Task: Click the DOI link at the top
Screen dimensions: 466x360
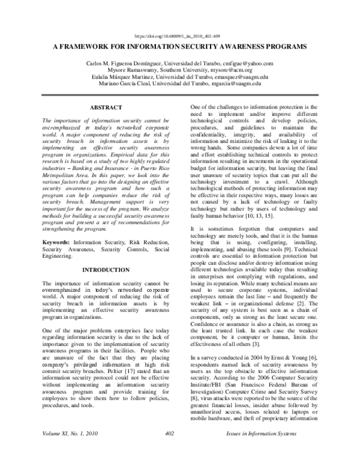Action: click(179, 35)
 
